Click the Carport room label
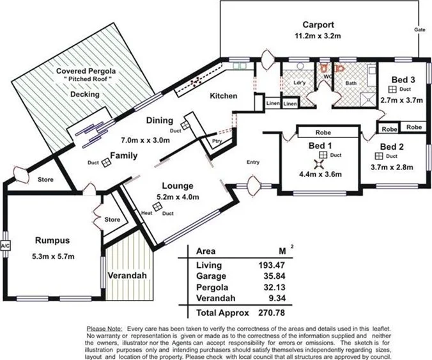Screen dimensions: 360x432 (x=318, y=25)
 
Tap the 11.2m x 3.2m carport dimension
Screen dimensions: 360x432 (x=318, y=36)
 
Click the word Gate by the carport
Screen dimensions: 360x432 (x=419, y=30)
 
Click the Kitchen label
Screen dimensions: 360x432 (x=224, y=96)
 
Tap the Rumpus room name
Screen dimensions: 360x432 (x=53, y=241)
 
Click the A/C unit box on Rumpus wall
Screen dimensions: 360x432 (x=6, y=245)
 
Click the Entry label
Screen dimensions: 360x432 (x=253, y=162)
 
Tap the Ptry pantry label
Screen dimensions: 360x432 (x=217, y=143)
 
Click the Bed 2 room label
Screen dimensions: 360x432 (x=392, y=146)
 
